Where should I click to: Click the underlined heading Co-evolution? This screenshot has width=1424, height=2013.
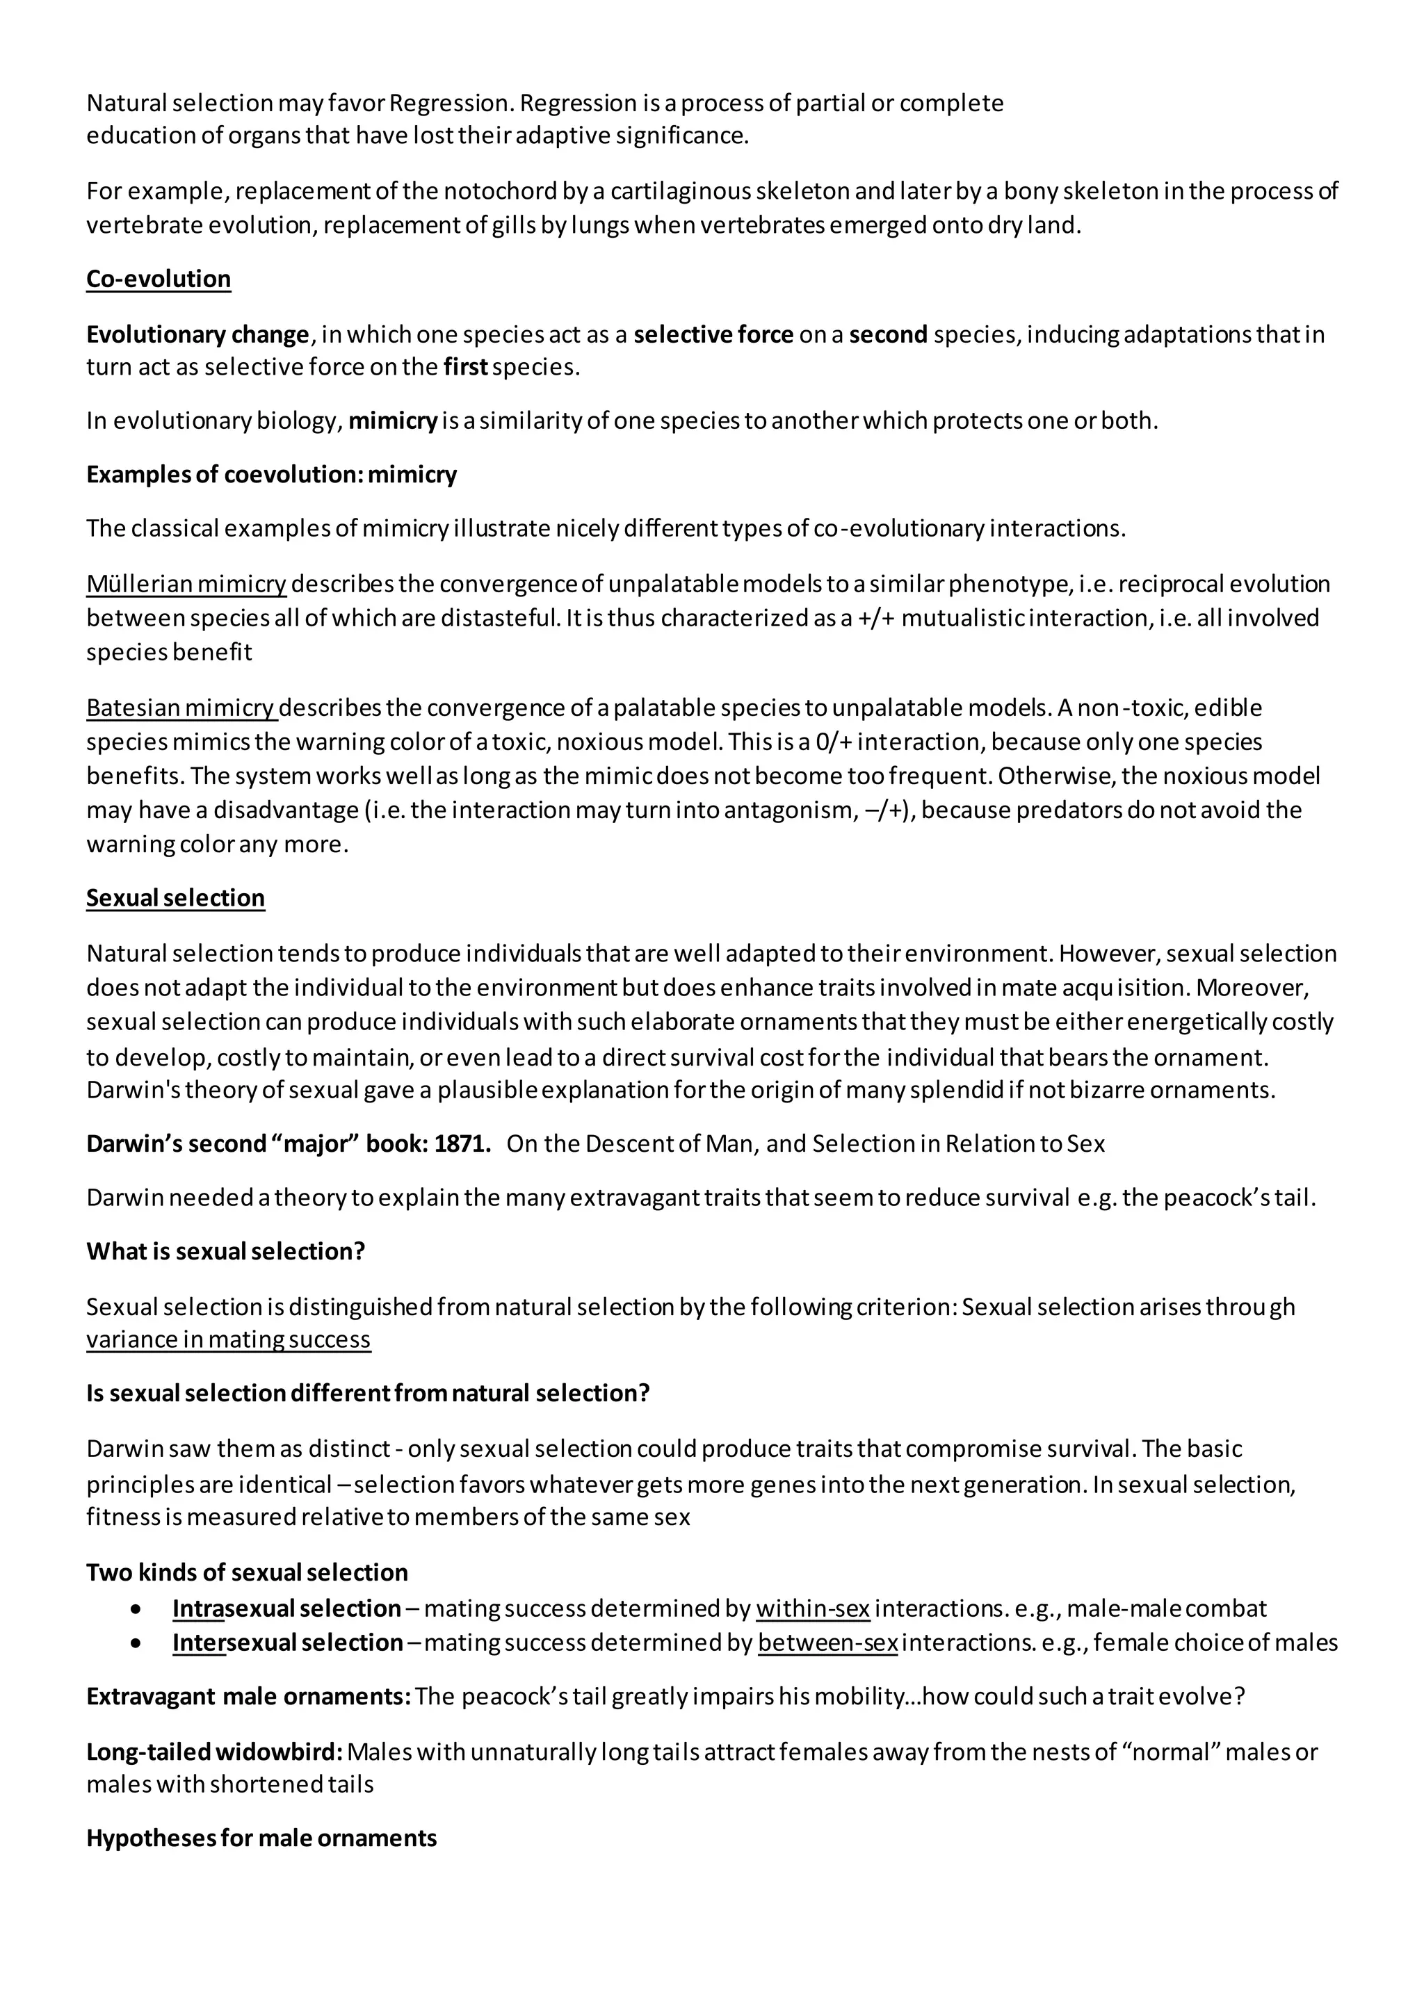pos(159,279)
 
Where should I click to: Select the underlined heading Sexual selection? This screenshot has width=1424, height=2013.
pos(175,898)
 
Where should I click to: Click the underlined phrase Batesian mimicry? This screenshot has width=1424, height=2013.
pos(181,708)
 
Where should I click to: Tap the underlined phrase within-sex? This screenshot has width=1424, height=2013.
pos(812,1609)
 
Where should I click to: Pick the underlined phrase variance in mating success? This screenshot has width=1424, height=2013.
pos(228,1339)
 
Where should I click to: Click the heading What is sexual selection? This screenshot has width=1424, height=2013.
pos(225,1251)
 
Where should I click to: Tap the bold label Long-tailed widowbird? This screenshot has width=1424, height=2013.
pos(214,1752)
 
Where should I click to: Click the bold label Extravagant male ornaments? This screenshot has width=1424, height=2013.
pos(248,1697)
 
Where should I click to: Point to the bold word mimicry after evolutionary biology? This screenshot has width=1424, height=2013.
pos(393,421)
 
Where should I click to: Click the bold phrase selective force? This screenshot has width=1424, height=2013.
pos(713,335)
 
